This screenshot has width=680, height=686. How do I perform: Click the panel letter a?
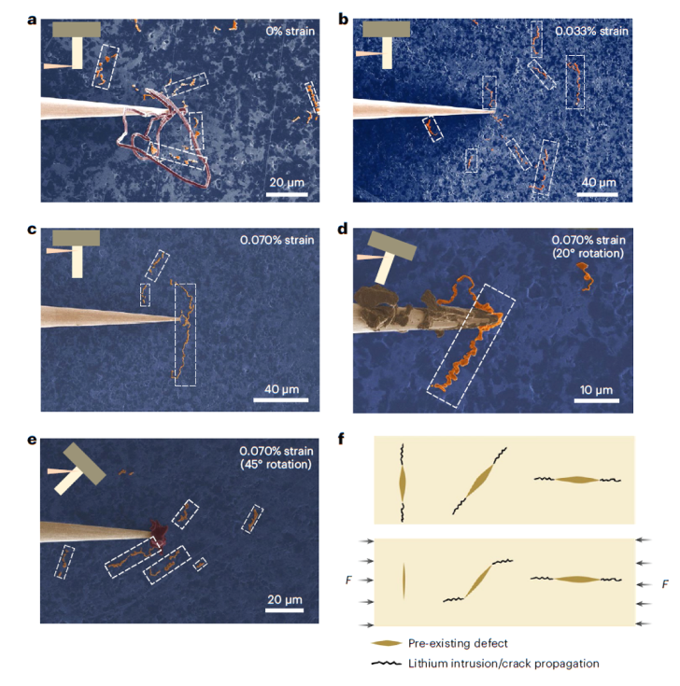point(32,21)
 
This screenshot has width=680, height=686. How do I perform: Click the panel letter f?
point(343,439)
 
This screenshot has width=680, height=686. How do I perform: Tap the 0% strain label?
point(290,31)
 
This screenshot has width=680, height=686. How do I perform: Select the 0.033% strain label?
point(591,31)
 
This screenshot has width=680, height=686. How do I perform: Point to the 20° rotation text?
point(588,253)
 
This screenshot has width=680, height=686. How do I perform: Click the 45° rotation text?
point(276,464)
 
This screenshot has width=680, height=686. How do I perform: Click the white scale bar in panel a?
point(288,194)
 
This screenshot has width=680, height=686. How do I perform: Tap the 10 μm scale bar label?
point(596,390)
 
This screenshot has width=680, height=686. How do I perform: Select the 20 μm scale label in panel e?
point(285,599)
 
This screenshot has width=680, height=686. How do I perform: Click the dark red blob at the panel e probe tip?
point(157,535)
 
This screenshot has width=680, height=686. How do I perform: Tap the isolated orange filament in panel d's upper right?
point(584,276)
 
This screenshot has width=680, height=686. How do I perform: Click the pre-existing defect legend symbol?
point(386,643)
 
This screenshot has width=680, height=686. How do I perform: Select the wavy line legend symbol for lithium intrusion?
point(386,664)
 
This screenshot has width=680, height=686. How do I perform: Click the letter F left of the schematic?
point(348,581)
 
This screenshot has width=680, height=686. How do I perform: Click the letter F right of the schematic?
point(665,584)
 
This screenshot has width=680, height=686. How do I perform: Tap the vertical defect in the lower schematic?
point(404,581)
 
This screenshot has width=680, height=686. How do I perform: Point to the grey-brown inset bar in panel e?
point(84,464)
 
